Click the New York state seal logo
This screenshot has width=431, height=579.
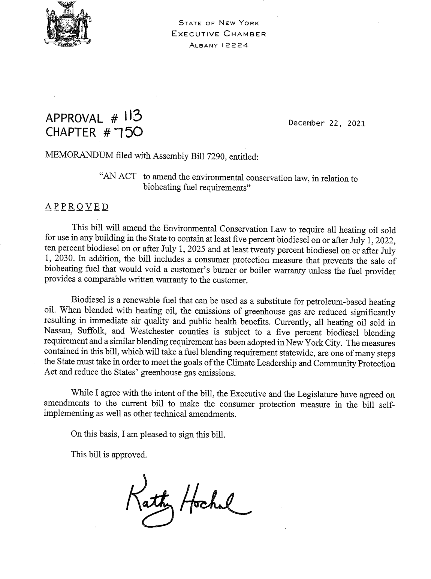click(x=66, y=24)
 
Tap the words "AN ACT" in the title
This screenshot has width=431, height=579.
click(x=117, y=177)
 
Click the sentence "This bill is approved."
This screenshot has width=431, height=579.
click(x=109, y=455)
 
